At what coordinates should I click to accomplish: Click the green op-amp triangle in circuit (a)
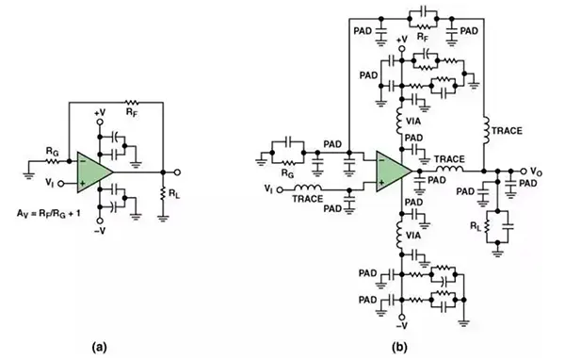pyautogui.click(x=93, y=172)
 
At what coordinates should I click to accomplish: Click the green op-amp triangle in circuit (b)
pyautogui.click(x=392, y=171)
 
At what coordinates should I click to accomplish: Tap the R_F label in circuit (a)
pyautogui.click(x=132, y=112)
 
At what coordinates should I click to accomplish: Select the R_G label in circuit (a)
pyautogui.click(x=52, y=153)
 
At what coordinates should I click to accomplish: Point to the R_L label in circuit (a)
pyautogui.click(x=174, y=194)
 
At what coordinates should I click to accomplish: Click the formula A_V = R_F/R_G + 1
pyautogui.click(x=49, y=214)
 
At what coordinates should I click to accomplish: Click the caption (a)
pyautogui.click(x=100, y=348)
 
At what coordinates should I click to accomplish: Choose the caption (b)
pyautogui.click(x=399, y=348)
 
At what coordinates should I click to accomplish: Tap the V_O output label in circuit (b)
pyautogui.click(x=536, y=172)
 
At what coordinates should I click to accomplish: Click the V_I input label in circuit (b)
pyautogui.click(x=268, y=188)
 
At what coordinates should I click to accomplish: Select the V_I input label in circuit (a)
pyautogui.click(x=50, y=183)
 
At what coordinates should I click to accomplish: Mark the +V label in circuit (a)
pyautogui.click(x=100, y=113)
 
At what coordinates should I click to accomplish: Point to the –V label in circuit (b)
pyautogui.click(x=401, y=326)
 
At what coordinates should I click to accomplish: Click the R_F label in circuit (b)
pyautogui.click(x=423, y=37)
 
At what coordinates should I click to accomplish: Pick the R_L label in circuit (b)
pyautogui.click(x=476, y=226)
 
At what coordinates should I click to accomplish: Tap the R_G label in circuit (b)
pyautogui.click(x=287, y=173)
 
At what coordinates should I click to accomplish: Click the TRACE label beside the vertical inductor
pyautogui.click(x=507, y=131)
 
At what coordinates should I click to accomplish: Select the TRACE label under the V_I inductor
pyautogui.click(x=307, y=199)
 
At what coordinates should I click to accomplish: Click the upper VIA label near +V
pyautogui.click(x=413, y=122)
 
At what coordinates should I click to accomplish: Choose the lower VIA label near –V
pyautogui.click(x=413, y=236)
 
